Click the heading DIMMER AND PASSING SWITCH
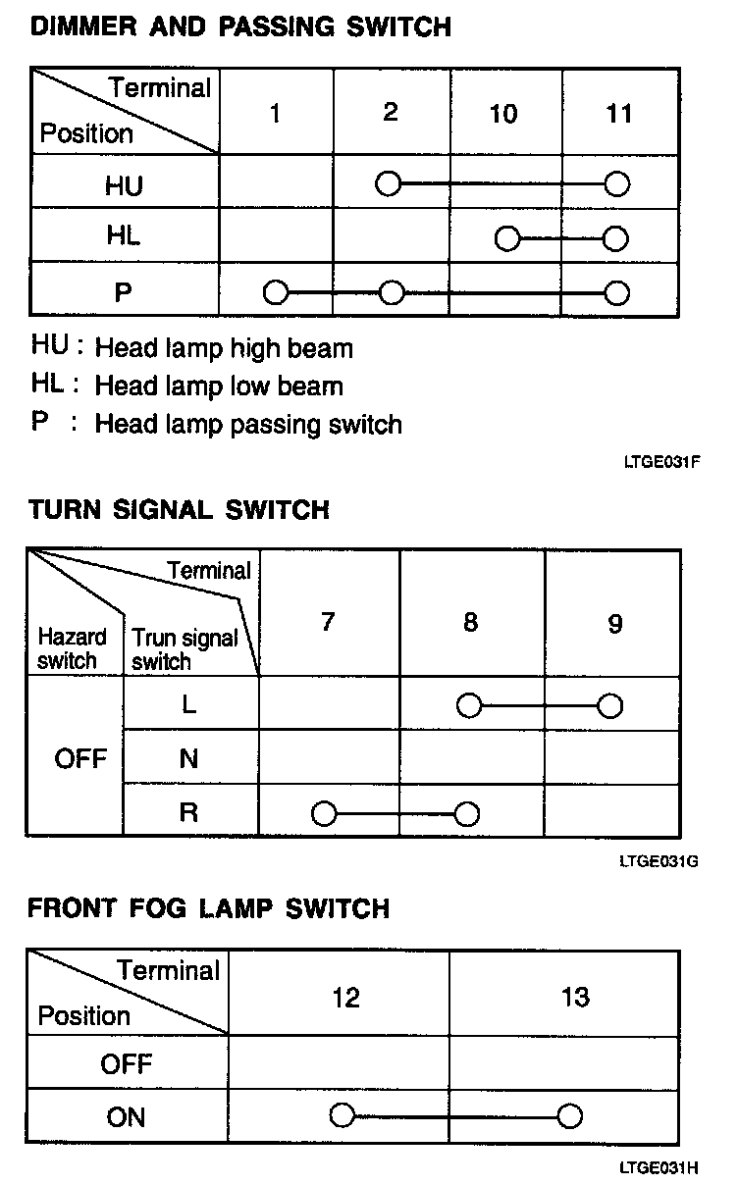click(x=240, y=26)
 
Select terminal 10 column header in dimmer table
click(x=502, y=115)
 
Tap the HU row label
click(x=124, y=184)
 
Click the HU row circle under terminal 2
click(x=390, y=183)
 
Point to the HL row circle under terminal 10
click(x=506, y=238)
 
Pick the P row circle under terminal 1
click(x=276, y=292)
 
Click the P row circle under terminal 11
click(x=616, y=292)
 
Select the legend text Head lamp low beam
click(x=218, y=386)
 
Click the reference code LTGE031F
click(x=661, y=461)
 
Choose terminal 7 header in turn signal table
click(x=328, y=623)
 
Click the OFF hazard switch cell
click(x=80, y=758)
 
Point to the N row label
click(x=189, y=758)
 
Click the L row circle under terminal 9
click(x=610, y=705)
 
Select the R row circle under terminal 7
click(x=323, y=814)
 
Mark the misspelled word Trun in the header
click(x=152, y=640)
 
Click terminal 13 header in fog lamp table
click(x=575, y=998)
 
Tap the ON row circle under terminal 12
click(x=343, y=1116)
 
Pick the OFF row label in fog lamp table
click(x=127, y=1064)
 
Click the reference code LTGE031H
click(x=659, y=1168)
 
